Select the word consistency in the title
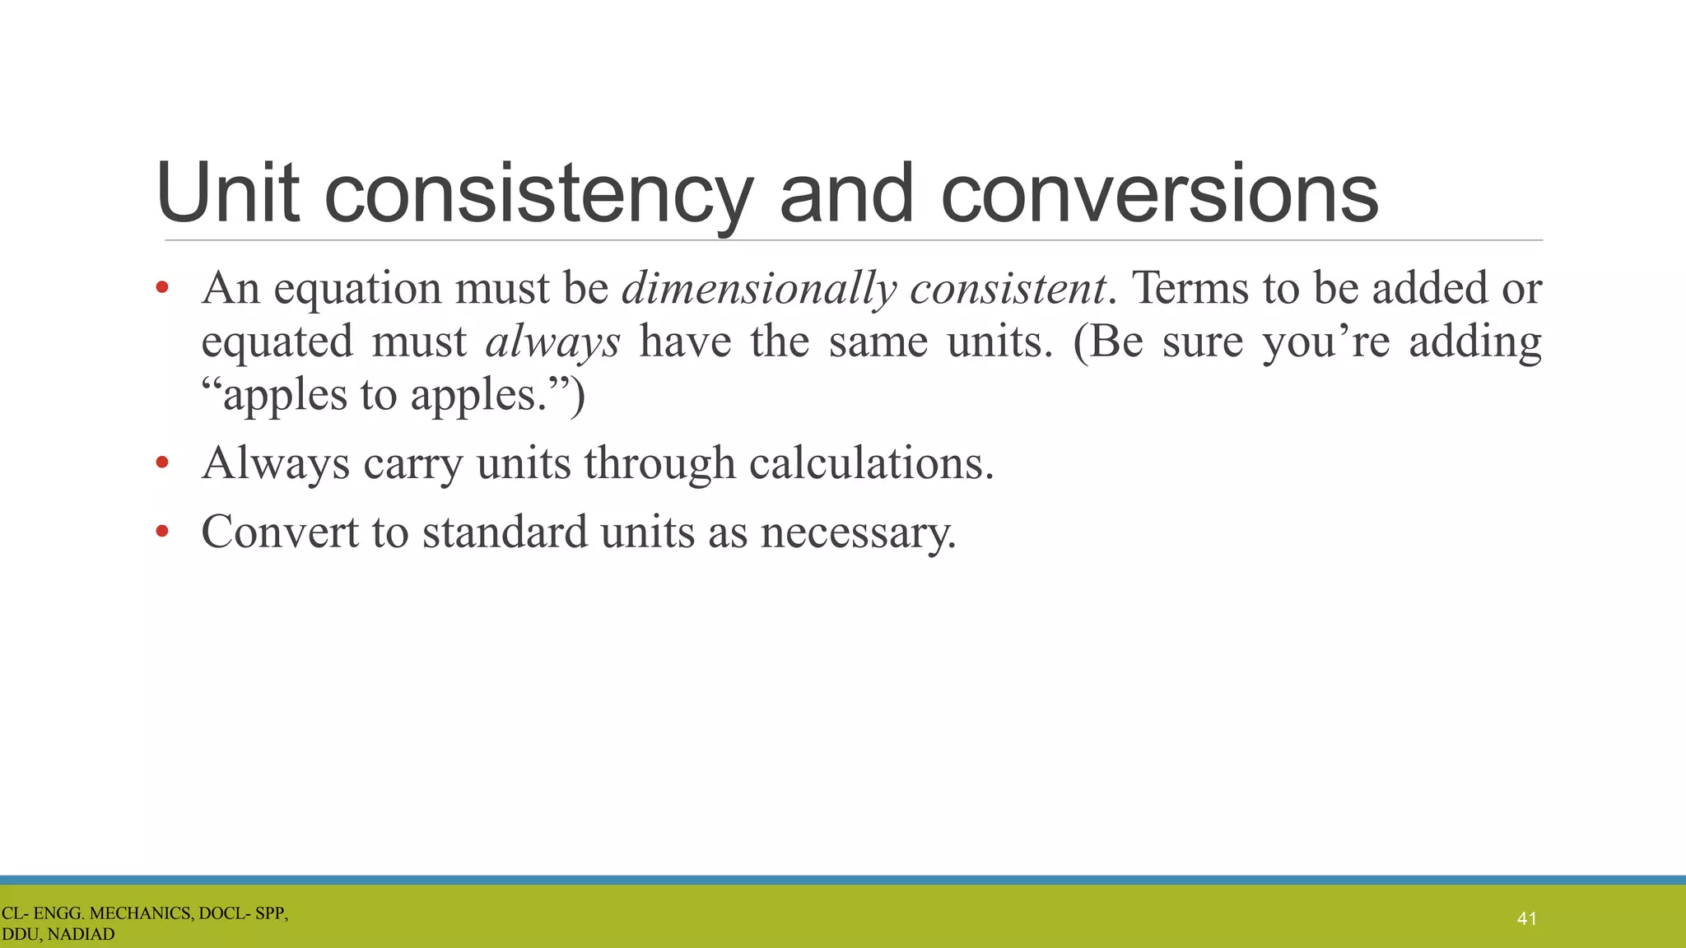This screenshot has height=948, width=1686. pos(538,194)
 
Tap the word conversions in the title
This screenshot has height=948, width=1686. pos(1159,194)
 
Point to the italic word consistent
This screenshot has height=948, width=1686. pos(1008,288)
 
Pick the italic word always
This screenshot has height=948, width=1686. pos(552,342)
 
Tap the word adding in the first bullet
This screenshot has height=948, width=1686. pos(1475,342)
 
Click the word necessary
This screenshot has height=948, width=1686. pos(859,533)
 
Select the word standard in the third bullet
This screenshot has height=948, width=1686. pos(505,532)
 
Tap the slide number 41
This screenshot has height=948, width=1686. pos(1526,918)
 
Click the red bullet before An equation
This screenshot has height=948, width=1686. pos(162,288)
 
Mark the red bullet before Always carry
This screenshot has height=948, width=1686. pos(162,463)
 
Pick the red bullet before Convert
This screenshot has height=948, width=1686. pos(162,532)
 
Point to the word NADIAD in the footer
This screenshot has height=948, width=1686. pos(81,935)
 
